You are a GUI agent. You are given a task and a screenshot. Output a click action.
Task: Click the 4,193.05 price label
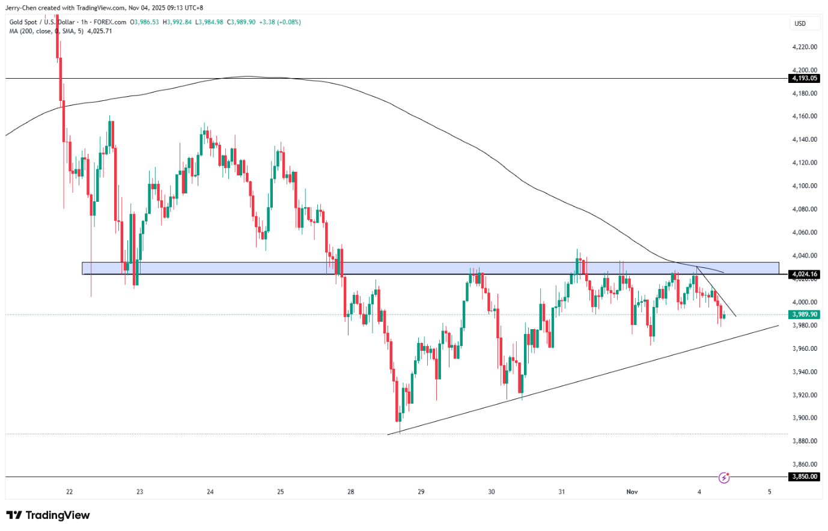tap(805, 78)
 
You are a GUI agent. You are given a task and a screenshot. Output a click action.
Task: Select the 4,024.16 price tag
tap(805, 275)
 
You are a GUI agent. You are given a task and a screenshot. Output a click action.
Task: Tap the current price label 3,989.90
tap(805, 314)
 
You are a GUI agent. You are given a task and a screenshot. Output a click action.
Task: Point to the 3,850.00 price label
tap(805, 476)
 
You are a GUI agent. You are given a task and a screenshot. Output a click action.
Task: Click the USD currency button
tap(800, 23)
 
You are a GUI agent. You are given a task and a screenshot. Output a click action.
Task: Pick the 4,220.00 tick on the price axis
tap(805, 47)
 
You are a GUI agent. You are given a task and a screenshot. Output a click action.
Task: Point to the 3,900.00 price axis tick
tap(805, 418)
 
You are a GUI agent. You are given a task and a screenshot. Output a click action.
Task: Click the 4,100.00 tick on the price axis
tap(805, 186)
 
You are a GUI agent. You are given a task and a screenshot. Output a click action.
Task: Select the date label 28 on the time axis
tap(351, 492)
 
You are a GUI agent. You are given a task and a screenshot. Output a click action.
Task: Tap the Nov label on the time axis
tap(632, 492)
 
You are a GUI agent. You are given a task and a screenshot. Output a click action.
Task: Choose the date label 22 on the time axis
tap(70, 492)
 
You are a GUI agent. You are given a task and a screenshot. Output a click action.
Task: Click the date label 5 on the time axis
tap(770, 492)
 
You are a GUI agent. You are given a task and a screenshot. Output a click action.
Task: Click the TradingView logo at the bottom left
tap(48, 515)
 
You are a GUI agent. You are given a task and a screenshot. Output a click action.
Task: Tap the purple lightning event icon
tap(724, 478)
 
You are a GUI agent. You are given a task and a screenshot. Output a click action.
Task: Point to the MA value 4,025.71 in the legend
tap(100, 31)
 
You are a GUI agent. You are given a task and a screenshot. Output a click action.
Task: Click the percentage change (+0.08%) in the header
tap(289, 22)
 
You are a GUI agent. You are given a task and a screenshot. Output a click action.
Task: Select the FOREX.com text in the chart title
tap(110, 22)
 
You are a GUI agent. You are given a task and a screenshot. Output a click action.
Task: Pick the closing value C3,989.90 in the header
tap(241, 22)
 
